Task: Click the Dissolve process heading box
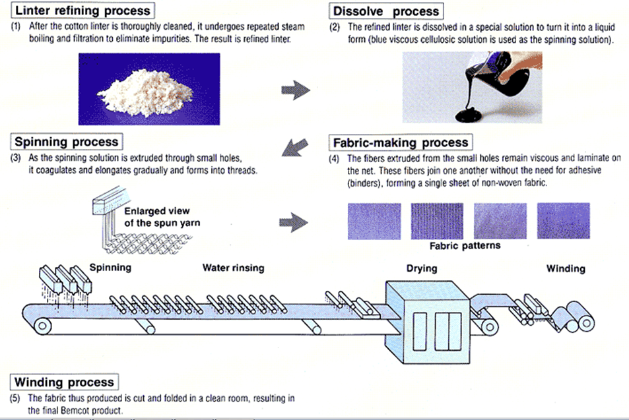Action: (385, 11)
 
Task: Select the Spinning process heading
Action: (67, 142)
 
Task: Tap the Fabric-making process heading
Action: (400, 142)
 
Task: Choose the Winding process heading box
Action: (65, 382)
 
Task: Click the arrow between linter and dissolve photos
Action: (295, 90)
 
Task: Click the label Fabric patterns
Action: (465, 246)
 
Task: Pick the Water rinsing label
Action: (233, 268)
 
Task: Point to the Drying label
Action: (421, 268)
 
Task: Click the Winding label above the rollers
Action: (566, 268)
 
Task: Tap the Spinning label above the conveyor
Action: (110, 268)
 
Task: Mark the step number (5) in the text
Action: (17, 398)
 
